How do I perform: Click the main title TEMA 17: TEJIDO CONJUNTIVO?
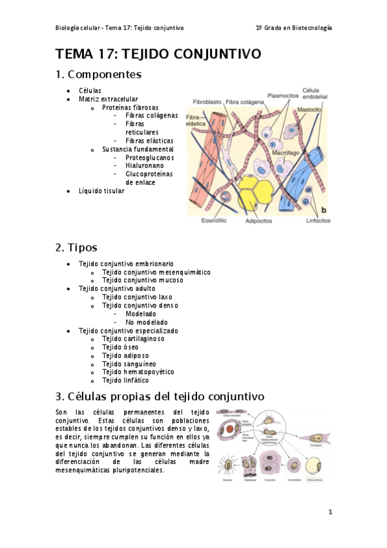click(158, 54)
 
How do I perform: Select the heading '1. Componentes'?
click(98, 74)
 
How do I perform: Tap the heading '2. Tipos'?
click(77, 248)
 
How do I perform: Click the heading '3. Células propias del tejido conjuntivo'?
click(160, 395)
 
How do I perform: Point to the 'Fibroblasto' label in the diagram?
click(205, 102)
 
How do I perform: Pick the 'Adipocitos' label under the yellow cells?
click(258, 220)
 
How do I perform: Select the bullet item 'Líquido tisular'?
click(101, 191)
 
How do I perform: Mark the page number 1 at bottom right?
click(329, 512)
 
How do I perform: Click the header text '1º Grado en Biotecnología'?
click(294, 28)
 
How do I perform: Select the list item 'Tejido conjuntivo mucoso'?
click(142, 280)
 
